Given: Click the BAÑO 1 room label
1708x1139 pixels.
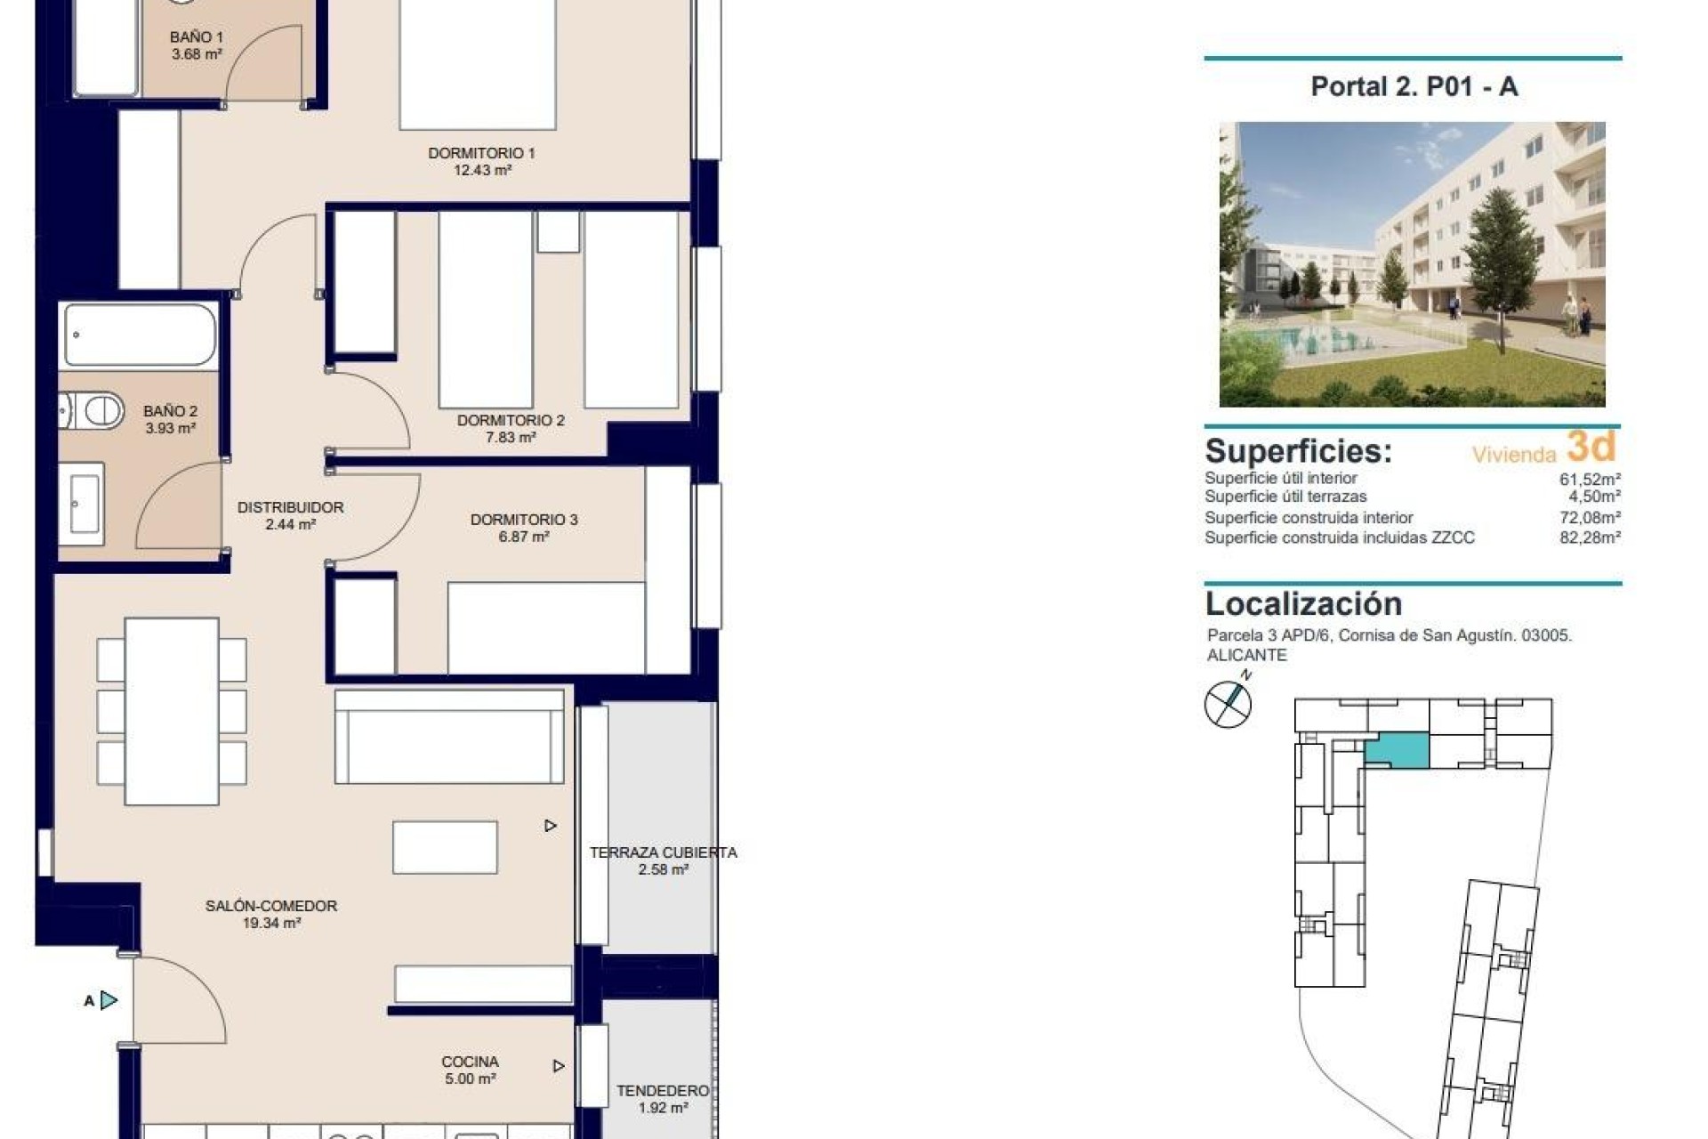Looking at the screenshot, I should (x=196, y=37).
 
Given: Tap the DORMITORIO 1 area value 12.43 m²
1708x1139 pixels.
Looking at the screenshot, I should (x=482, y=171).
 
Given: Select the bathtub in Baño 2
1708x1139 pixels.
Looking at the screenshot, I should (x=140, y=335).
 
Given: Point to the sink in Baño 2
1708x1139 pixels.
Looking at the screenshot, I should (x=83, y=504).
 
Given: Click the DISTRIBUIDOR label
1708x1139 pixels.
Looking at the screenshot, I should (x=290, y=507).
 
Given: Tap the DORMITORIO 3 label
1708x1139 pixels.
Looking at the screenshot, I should (x=523, y=520).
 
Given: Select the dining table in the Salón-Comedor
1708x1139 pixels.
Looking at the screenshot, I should (x=172, y=710).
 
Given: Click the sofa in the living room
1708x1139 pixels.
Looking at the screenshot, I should (x=449, y=737).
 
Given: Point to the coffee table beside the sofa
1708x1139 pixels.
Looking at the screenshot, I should (x=445, y=847).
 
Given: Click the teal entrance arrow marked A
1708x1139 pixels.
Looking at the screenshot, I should (x=109, y=1000).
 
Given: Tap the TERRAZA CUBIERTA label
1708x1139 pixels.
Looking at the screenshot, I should (x=663, y=852).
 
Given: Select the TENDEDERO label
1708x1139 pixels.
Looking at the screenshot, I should (x=663, y=1091).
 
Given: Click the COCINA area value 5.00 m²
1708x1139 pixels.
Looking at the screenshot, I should (x=470, y=1079).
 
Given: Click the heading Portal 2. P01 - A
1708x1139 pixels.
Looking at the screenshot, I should (x=1414, y=86).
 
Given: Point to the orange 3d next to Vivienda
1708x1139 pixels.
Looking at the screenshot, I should (x=1591, y=446).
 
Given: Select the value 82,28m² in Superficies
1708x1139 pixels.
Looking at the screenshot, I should (x=1590, y=537).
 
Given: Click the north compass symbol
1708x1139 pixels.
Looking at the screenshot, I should (x=1228, y=704).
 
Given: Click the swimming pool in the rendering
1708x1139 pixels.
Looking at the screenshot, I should (x=1334, y=337).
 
